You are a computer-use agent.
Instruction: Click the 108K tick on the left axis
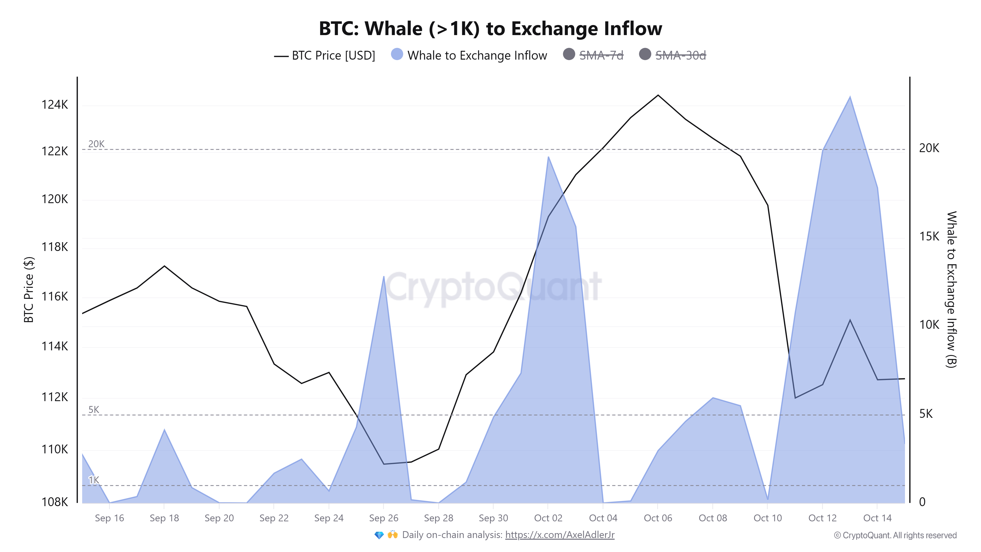pos(54,502)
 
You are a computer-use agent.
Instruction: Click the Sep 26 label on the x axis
pos(384,518)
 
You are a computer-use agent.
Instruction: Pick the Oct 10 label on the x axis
pos(767,518)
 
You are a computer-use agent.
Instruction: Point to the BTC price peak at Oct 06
pos(658,95)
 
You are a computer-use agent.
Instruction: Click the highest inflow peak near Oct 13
pos(850,97)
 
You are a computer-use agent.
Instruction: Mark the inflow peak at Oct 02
pos(548,157)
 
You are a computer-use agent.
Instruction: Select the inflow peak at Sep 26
pos(384,276)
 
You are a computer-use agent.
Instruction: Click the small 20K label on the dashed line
pos(96,144)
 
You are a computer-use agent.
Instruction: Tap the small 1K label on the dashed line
pos(94,480)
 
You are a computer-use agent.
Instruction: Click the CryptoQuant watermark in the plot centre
pos(493,288)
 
